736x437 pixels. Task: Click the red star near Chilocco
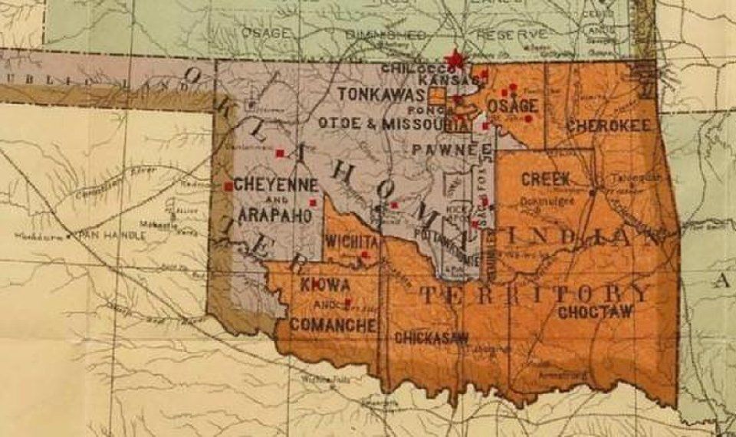[456, 58]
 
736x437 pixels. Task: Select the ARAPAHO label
[274, 215]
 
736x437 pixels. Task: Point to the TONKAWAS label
[381, 94]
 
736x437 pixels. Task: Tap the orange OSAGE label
[512, 106]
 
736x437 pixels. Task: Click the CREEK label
[545, 179]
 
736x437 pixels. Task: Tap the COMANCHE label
[332, 325]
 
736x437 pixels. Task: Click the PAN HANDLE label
[110, 235]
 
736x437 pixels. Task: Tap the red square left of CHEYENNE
[228, 186]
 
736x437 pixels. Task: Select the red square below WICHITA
[365, 255]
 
